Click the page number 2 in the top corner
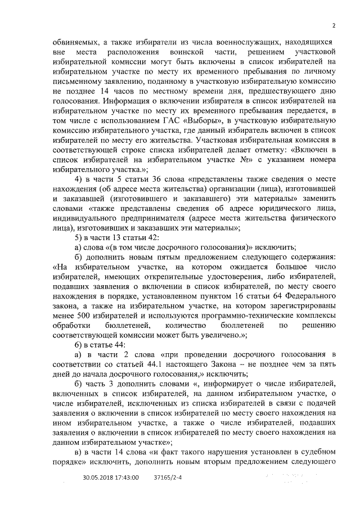tap(334, 25)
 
